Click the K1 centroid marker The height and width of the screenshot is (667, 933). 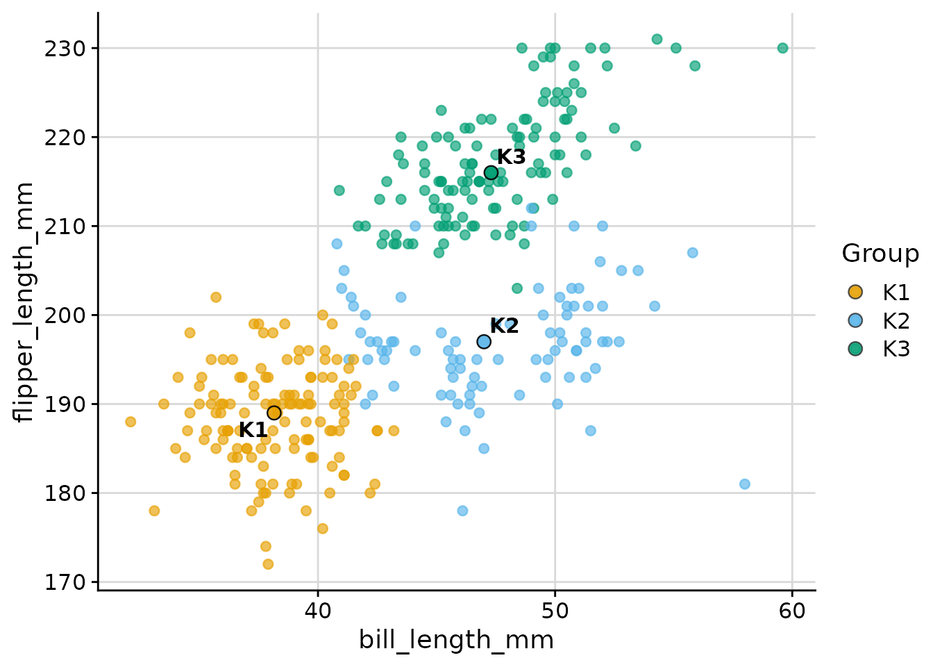(274, 413)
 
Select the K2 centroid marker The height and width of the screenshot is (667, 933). (484, 342)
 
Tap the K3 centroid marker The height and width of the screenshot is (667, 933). (491, 172)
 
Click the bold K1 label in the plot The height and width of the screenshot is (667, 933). (253, 430)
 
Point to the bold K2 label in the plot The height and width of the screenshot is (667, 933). (504, 326)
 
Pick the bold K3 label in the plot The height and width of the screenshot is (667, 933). (511, 157)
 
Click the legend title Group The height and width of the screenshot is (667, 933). (880, 254)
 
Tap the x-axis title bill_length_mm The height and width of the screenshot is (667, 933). (456, 640)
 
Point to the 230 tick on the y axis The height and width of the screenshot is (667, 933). (67, 49)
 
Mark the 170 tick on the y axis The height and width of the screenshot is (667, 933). (67, 582)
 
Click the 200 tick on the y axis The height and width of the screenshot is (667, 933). (67, 315)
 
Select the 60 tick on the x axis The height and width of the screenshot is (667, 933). (792, 611)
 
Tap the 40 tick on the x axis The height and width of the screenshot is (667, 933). (318, 611)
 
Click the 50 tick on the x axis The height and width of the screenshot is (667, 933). (555, 611)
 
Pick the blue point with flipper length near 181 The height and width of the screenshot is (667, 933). (745, 484)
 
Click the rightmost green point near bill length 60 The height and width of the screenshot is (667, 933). (782, 48)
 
